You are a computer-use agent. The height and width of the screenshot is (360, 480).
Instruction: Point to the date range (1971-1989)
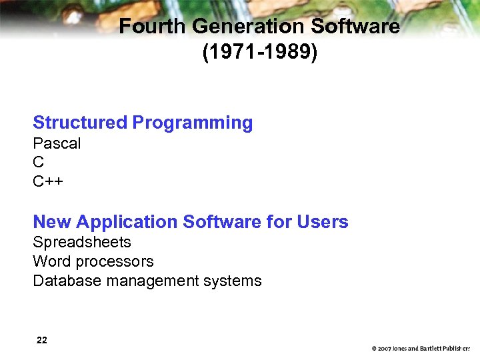tap(260, 52)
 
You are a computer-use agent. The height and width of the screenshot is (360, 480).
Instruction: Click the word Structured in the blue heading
tap(79, 123)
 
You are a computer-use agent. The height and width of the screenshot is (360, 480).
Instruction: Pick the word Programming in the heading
tap(193, 123)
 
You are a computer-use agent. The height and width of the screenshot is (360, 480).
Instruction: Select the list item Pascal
tap(57, 143)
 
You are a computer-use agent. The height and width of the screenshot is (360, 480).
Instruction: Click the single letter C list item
tap(39, 162)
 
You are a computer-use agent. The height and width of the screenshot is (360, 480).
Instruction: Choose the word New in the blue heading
tap(52, 222)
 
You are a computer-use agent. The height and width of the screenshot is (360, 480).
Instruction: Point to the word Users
tap(322, 222)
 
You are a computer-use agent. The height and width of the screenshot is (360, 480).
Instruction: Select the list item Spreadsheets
tap(82, 242)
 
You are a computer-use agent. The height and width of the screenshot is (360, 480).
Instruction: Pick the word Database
tap(65, 281)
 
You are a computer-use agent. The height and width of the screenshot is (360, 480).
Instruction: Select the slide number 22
tap(42, 340)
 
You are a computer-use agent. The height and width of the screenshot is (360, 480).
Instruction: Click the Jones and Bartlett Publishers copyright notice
tap(421, 349)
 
